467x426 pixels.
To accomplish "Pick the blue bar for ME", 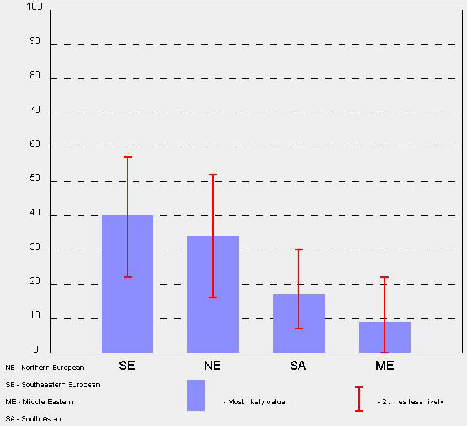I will (385, 337).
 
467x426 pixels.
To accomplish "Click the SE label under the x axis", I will (127, 366).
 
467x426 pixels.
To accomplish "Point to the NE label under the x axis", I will (212, 366).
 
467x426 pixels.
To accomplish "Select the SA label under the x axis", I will (298, 366).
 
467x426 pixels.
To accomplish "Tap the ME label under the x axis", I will (385, 366).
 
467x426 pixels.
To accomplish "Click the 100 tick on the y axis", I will (34, 7).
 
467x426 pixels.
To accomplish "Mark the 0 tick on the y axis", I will (36, 350).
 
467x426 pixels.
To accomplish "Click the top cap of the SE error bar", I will (127, 157).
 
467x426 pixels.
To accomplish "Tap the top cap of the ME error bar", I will (385, 277).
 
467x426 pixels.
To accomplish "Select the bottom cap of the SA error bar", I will (299, 329).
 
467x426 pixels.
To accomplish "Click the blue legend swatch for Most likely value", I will (196, 395).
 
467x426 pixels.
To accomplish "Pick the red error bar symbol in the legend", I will (358, 399).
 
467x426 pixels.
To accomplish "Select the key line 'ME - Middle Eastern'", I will (39, 402).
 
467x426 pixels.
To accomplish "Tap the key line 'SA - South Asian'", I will (34, 418).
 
